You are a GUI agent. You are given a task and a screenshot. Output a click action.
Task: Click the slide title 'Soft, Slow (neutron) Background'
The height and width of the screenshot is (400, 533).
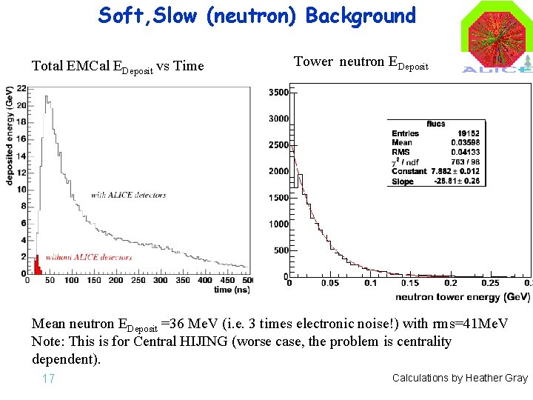[257, 16]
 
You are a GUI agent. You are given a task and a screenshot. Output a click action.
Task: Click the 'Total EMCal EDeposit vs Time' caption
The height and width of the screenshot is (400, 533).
[118, 66]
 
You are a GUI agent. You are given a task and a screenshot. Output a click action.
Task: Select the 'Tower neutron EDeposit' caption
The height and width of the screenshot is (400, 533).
[361, 62]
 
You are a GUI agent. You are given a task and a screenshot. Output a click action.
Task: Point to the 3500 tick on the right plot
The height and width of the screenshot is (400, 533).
[278, 93]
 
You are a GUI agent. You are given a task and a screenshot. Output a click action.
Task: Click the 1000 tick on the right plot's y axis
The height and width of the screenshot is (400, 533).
[278, 224]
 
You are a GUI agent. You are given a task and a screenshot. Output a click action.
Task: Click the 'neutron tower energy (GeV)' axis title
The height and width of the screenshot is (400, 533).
[462, 296]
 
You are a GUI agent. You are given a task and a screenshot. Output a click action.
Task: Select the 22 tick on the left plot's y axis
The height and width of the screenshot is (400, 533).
[21, 88]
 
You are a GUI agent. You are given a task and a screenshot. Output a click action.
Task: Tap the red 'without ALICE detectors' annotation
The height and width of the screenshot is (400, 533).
[89, 257]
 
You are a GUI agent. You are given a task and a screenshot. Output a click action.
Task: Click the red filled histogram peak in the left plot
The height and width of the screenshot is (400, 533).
[36, 264]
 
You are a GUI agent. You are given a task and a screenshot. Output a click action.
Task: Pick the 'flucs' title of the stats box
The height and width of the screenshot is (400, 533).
[435, 124]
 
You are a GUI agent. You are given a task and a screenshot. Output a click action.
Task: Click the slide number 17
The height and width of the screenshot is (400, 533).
[49, 379]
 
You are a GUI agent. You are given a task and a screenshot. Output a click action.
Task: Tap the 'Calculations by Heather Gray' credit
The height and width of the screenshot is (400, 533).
[460, 378]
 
